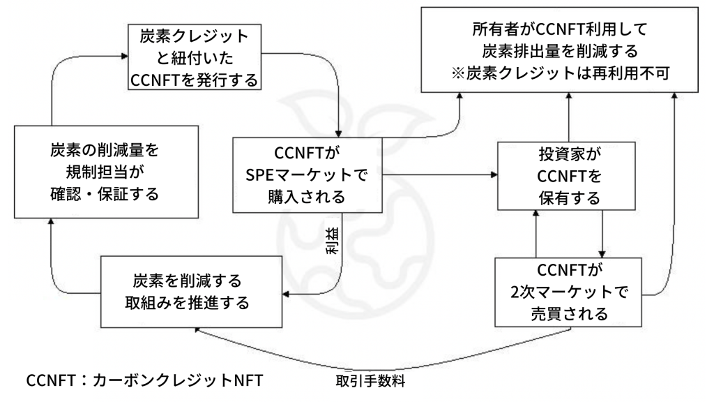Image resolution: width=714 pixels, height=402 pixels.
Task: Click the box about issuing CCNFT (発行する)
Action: click(x=195, y=59)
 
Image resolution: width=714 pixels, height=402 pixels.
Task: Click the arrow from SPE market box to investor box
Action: click(x=439, y=174)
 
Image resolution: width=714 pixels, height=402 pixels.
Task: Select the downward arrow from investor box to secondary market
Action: click(x=601, y=234)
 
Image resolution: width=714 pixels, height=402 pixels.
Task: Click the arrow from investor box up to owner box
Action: click(x=568, y=119)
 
